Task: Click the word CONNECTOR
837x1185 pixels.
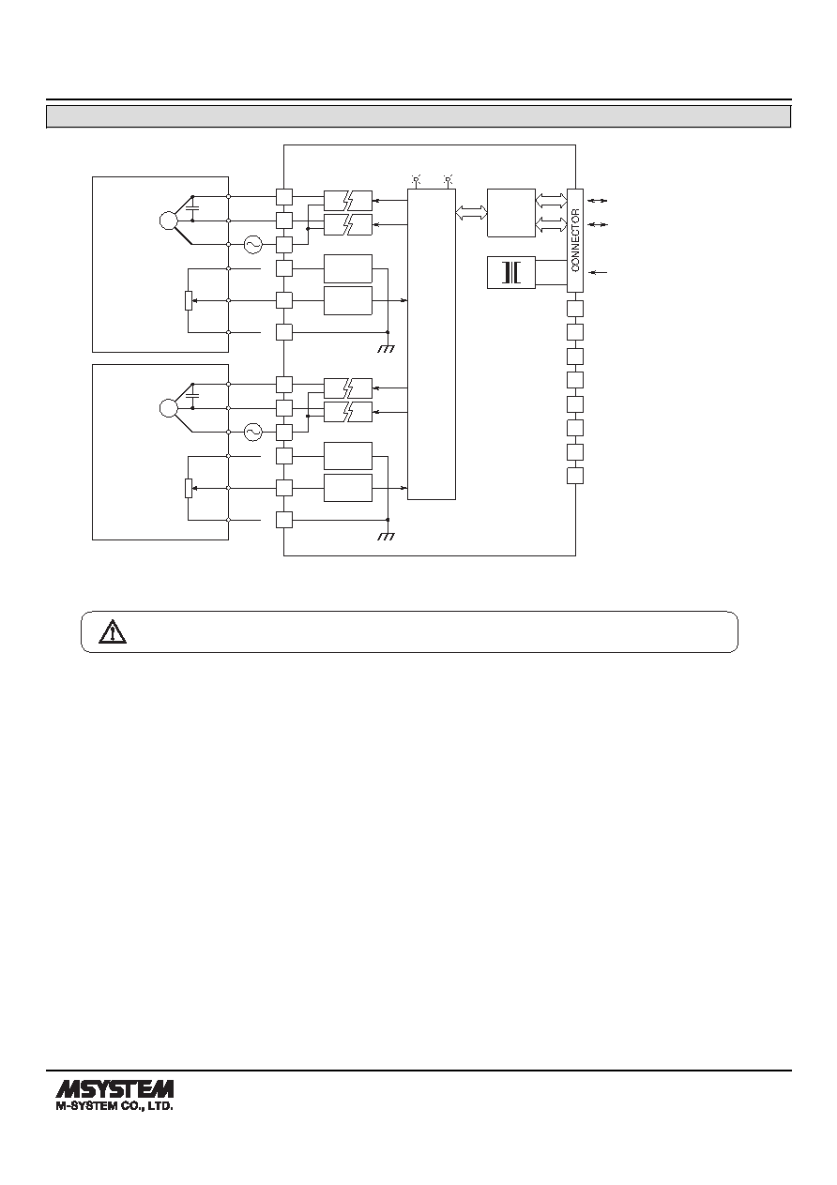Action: [575, 240]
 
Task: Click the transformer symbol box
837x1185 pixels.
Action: [511, 272]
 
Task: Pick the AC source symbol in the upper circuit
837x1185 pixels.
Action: [253, 244]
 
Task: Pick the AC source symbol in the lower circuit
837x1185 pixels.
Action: [253, 433]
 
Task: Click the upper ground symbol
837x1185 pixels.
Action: [387, 348]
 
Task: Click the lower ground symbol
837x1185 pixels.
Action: [387, 536]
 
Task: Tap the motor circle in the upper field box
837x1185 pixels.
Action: [168, 220]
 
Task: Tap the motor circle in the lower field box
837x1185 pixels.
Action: [168, 408]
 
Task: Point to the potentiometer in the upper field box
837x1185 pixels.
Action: [189, 300]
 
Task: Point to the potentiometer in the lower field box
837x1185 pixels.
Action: [189, 488]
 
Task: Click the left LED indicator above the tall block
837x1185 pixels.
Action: [416, 180]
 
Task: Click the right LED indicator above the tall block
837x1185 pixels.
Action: [449, 180]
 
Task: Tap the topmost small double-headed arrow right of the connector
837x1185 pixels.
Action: [598, 201]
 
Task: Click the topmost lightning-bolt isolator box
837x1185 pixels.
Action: [347, 201]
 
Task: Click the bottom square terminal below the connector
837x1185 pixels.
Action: [575, 476]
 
